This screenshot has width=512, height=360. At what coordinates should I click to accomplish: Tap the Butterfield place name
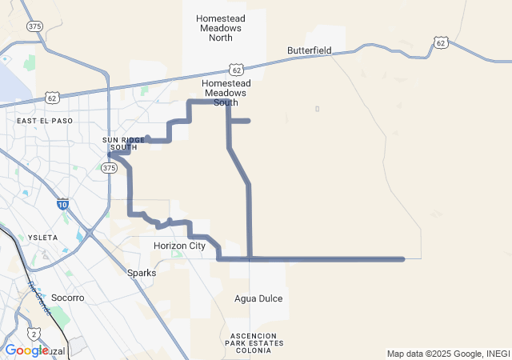coord(310,50)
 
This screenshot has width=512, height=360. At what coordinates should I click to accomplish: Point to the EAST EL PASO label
coord(44,120)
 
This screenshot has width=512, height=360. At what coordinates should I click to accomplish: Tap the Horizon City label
coord(179,246)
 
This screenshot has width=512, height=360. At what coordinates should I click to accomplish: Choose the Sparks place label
coord(142,273)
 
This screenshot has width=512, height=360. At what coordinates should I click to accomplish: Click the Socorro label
coord(67,298)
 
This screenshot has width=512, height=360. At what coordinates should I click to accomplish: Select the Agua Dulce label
coord(258,298)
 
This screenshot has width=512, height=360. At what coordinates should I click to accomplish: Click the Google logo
coord(26,350)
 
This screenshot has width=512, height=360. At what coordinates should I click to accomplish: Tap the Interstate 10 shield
coord(62,205)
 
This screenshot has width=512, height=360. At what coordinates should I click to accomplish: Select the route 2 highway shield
coord(34,333)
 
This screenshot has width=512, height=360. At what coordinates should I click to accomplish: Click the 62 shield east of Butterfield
coord(441,41)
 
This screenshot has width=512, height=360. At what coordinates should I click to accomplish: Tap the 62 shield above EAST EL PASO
coord(52,97)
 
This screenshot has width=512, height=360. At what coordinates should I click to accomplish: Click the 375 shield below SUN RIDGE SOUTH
coord(110,168)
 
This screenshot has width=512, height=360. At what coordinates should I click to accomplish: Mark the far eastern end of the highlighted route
coord(403,258)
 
